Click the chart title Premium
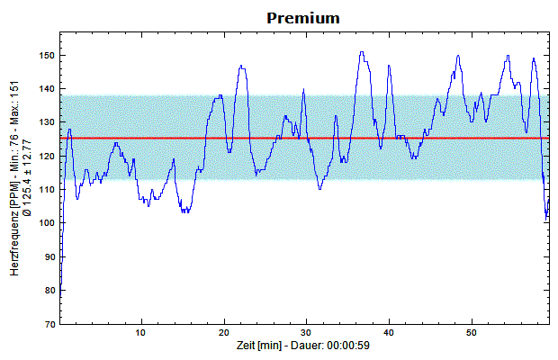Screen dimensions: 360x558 coord(302,17)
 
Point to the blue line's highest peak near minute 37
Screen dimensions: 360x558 coord(361,52)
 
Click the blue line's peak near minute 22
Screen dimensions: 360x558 coord(241,66)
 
